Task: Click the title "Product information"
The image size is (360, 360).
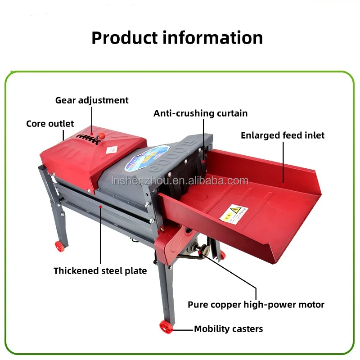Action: click(177, 37)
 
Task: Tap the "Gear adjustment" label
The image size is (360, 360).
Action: click(92, 100)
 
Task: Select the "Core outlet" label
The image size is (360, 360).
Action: click(50, 123)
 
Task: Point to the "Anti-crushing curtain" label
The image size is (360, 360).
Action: click(200, 113)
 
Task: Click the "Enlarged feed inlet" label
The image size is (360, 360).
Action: click(282, 135)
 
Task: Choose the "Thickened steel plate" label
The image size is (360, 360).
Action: click(100, 270)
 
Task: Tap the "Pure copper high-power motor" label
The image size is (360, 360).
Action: click(256, 305)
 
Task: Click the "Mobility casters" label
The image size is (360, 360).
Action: click(228, 329)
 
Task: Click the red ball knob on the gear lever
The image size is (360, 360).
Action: click(102, 135)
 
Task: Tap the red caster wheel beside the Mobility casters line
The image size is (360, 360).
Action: click(165, 328)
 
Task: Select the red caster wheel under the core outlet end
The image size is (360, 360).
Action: click(59, 245)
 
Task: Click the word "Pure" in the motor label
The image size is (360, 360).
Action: click(198, 305)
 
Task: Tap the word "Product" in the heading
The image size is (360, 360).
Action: click(125, 37)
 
